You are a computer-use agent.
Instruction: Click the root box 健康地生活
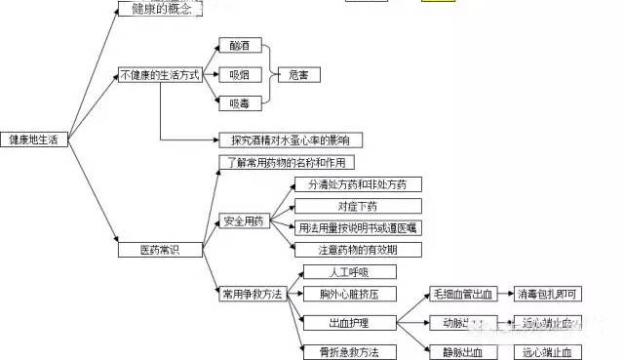click(34, 140)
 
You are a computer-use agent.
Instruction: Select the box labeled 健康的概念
click(161, 10)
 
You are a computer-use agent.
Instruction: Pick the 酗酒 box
click(240, 46)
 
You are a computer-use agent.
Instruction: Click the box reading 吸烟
click(240, 74)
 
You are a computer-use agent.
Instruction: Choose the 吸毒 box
click(240, 101)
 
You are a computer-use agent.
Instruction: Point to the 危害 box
click(297, 74)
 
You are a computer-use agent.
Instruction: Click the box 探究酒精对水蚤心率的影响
click(283, 140)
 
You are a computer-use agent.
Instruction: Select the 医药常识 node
click(146, 250)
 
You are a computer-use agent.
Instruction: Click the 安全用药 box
click(243, 221)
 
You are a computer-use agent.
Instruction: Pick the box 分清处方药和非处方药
click(357, 184)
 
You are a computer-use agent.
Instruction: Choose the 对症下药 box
click(357, 207)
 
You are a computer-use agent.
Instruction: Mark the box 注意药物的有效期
click(357, 249)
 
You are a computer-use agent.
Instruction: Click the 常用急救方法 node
click(252, 294)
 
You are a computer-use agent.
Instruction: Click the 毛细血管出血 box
click(463, 294)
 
